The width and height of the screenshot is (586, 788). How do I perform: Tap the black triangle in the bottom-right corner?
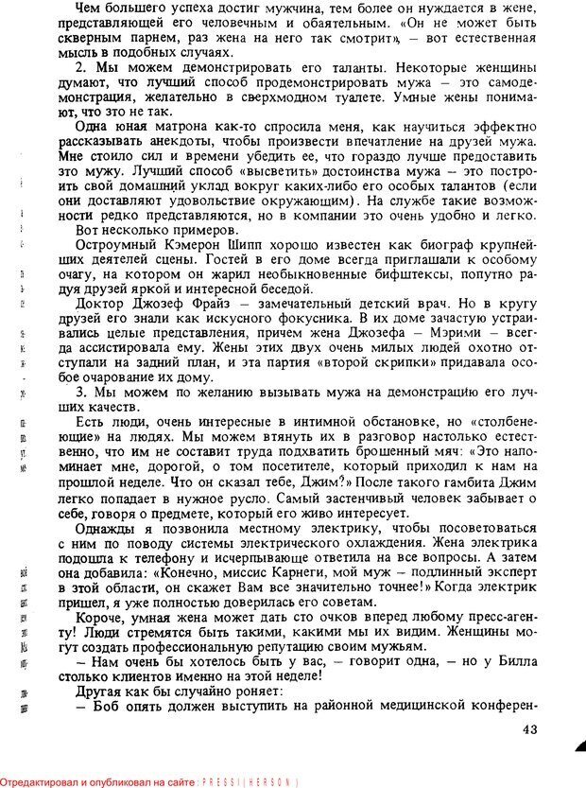(579, 747)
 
